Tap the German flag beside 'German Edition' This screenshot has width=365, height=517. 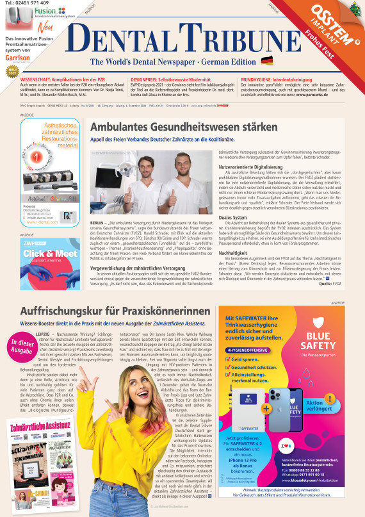pyautogui.click(x=266, y=61)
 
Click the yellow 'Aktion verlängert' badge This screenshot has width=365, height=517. pyautogui.click(x=324, y=406)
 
